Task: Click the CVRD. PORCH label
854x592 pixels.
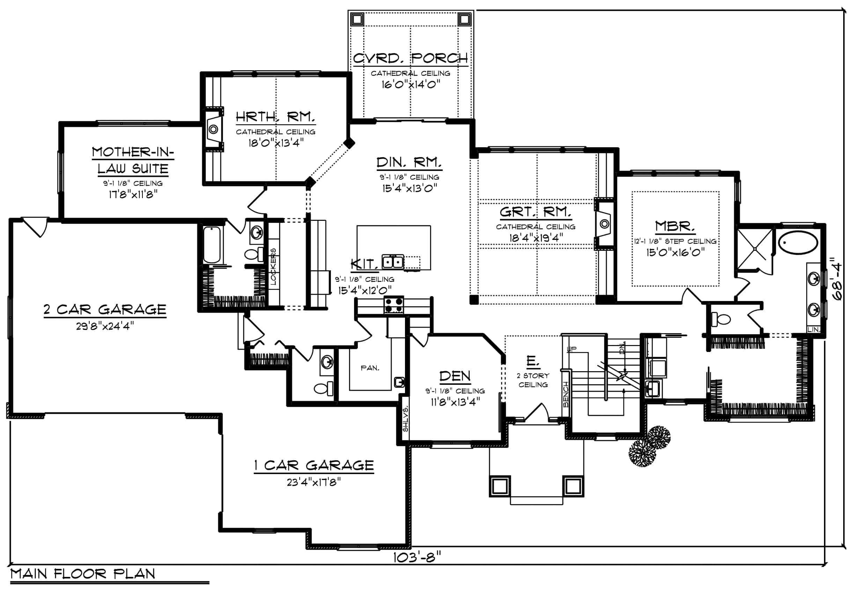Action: click(411, 58)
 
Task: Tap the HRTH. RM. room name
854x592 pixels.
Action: click(275, 117)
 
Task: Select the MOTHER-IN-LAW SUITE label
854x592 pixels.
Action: click(133, 160)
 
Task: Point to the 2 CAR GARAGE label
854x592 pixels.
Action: click(105, 309)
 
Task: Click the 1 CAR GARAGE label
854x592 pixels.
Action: click(314, 465)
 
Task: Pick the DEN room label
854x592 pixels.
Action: click(455, 376)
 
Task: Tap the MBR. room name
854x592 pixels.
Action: click(675, 226)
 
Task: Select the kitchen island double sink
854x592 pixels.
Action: click(393, 262)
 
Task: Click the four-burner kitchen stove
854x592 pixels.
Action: click(394, 305)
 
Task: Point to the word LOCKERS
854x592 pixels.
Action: click(273, 266)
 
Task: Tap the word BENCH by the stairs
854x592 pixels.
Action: click(566, 394)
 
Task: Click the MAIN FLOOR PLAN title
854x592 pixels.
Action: click(83, 574)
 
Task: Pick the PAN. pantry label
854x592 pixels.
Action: click(370, 368)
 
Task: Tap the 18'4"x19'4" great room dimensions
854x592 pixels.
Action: click(536, 238)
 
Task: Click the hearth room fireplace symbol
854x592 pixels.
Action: click(213, 129)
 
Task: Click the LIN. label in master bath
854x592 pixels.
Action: click(813, 329)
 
